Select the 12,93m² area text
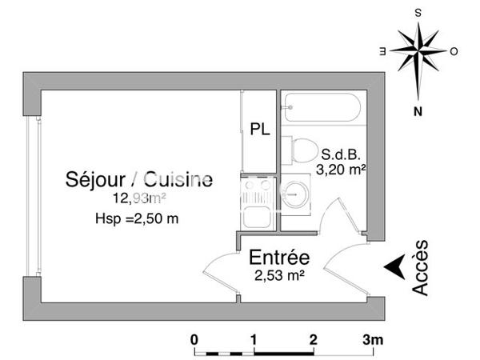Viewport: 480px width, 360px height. pyautogui.click(x=139, y=198)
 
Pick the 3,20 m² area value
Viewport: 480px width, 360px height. pyautogui.click(x=342, y=169)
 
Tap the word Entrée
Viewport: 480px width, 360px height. pyautogui.click(x=278, y=258)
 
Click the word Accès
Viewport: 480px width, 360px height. pyautogui.click(x=422, y=268)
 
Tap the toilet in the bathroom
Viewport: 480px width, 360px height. pyautogui.click(x=302, y=150)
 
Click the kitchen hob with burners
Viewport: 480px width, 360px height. pyautogui.click(x=257, y=193)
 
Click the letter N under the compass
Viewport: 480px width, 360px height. pyautogui.click(x=418, y=112)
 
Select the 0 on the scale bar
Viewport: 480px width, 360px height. pyautogui.click(x=194, y=339)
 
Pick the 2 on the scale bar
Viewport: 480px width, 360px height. pyautogui.click(x=313, y=339)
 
